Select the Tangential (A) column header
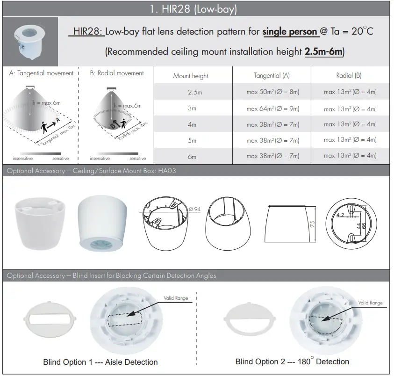click(x=272, y=75)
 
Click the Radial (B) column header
click(x=349, y=75)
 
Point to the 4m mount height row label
click(x=192, y=125)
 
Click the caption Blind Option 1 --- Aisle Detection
click(x=100, y=362)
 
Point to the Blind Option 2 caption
click(x=292, y=362)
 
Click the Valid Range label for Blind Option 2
click(x=370, y=303)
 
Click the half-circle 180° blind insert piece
click(x=246, y=319)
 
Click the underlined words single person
click(x=290, y=32)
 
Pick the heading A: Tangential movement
click(x=41, y=73)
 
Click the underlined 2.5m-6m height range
click(x=324, y=51)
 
